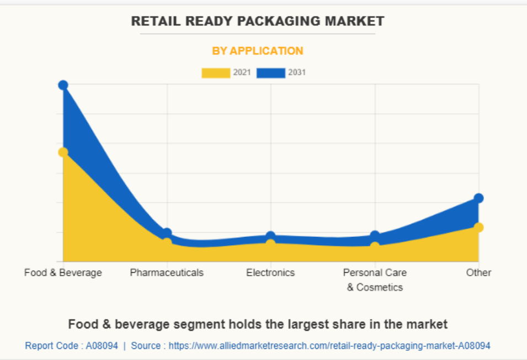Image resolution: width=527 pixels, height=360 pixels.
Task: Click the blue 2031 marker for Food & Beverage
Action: pos(63,85)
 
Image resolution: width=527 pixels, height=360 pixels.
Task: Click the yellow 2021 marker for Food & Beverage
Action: pos(63,152)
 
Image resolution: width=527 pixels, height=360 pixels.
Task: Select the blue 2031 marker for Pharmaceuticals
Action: pos(167,233)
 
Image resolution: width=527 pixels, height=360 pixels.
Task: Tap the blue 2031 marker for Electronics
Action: pos(270,236)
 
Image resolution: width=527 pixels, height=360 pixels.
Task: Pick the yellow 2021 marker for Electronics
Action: pos(270,243)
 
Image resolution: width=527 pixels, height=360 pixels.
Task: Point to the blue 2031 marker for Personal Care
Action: pos(375,236)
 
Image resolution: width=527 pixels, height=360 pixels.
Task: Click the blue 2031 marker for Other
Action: pos(478,198)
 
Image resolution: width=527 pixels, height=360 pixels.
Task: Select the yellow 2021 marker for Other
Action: pos(478,227)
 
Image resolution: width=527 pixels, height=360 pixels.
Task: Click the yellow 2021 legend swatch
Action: pos(216,73)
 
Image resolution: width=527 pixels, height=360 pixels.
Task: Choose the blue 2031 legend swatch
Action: pos(271,73)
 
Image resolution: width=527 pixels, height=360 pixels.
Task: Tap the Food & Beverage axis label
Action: pos(63,273)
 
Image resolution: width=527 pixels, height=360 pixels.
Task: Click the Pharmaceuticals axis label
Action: pos(167,273)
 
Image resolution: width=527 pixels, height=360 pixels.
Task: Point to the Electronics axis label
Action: pos(270,273)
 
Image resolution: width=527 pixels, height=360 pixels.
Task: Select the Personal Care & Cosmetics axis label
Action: pos(375,279)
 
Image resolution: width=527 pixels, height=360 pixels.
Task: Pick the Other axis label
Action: pos(478,273)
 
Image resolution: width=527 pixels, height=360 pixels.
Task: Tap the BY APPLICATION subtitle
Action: pos(258,51)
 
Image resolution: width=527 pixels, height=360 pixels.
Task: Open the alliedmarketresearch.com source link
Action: pos(329,346)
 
